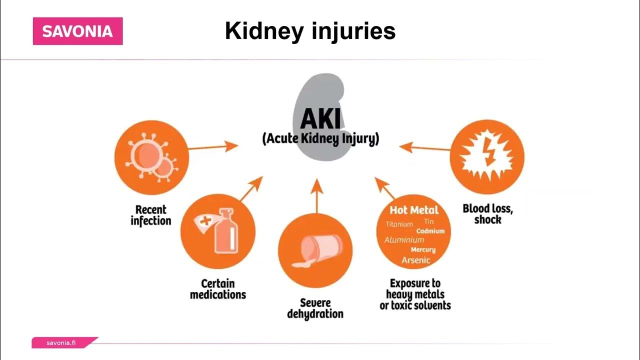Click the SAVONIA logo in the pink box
click(77, 31)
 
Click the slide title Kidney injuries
click(310, 31)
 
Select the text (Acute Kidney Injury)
click(320, 138)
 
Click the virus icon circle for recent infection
click(151, 157)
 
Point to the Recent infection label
click(151, 215)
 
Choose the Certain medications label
click(218, 289)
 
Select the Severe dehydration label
click(315, 308)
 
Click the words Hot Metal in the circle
click(414, 210)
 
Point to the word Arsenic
click(416, 260)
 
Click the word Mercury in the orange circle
click(423, 249)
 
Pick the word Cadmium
click(430, 231)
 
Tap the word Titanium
click(399, 224)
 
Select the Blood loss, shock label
click(487, 213)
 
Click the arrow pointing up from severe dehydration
click(316, 195)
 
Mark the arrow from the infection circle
click(213, 147)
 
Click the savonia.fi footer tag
click(61, 343)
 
